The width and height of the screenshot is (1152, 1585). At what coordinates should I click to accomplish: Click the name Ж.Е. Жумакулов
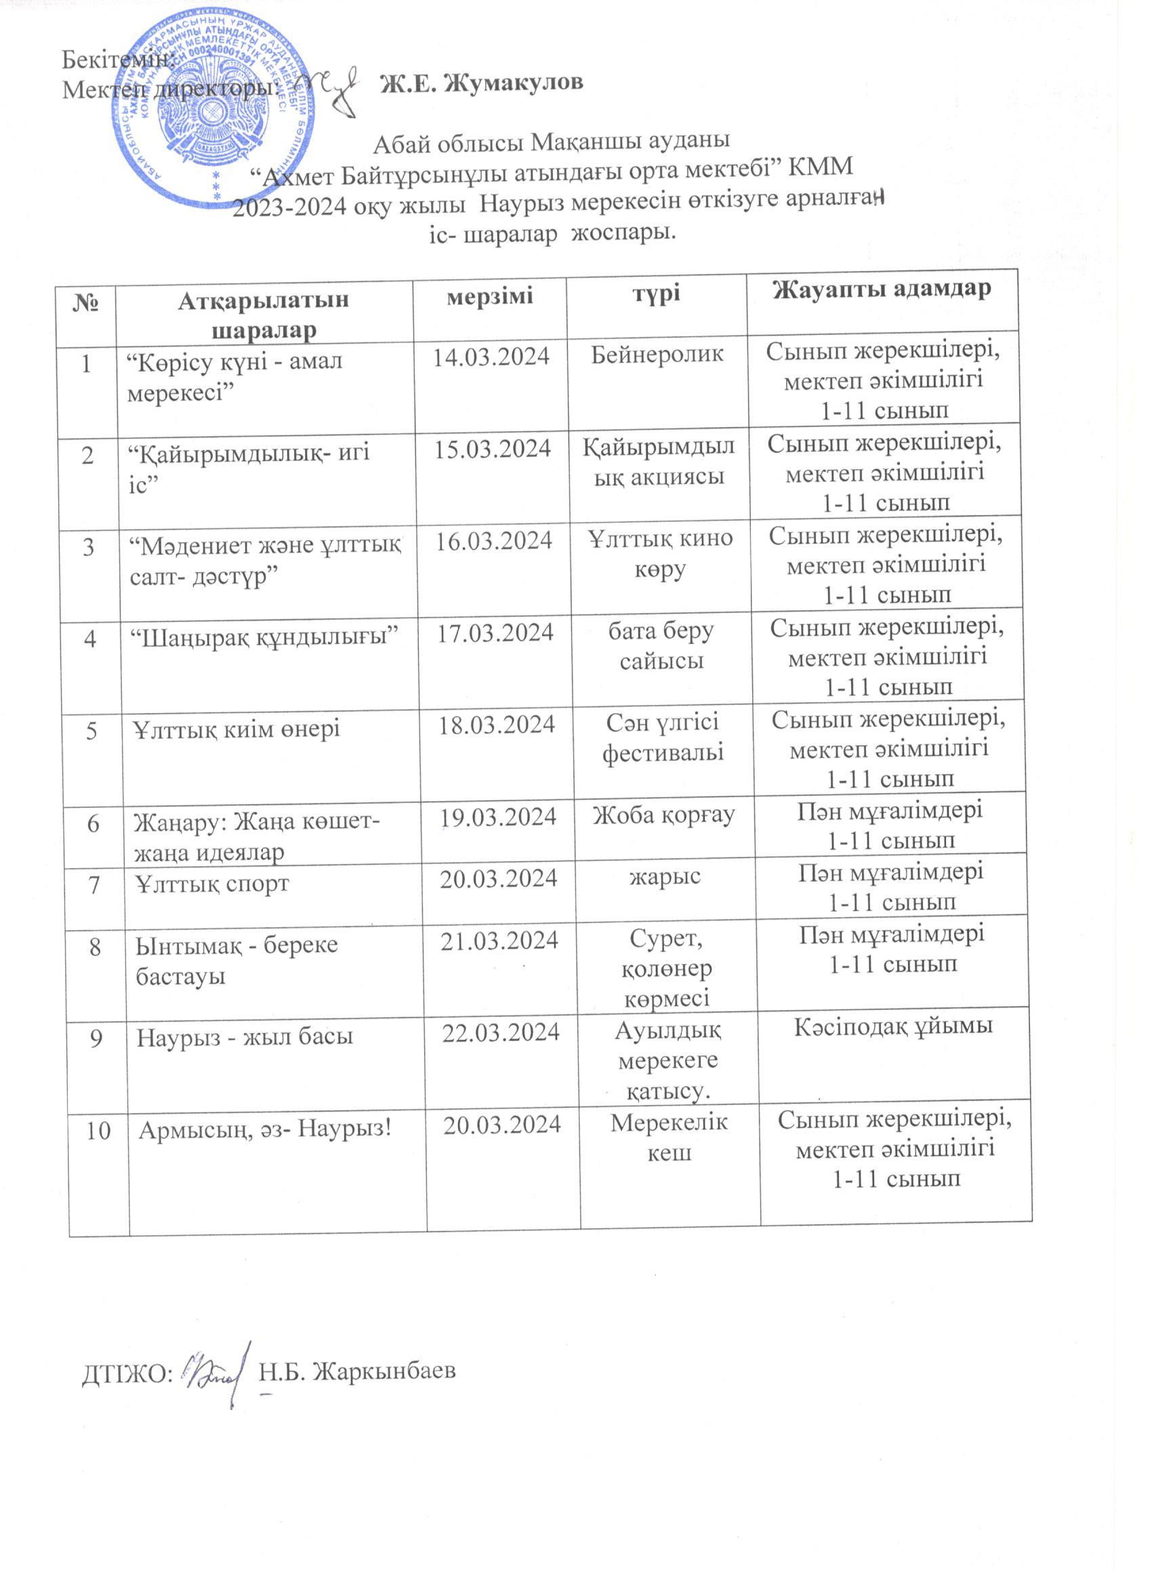click(x=481, y=83)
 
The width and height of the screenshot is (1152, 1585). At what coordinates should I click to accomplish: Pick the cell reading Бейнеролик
click(x=657, y=357)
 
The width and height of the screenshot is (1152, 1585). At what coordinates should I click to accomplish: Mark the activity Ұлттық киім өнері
click(x=238, y=729)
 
